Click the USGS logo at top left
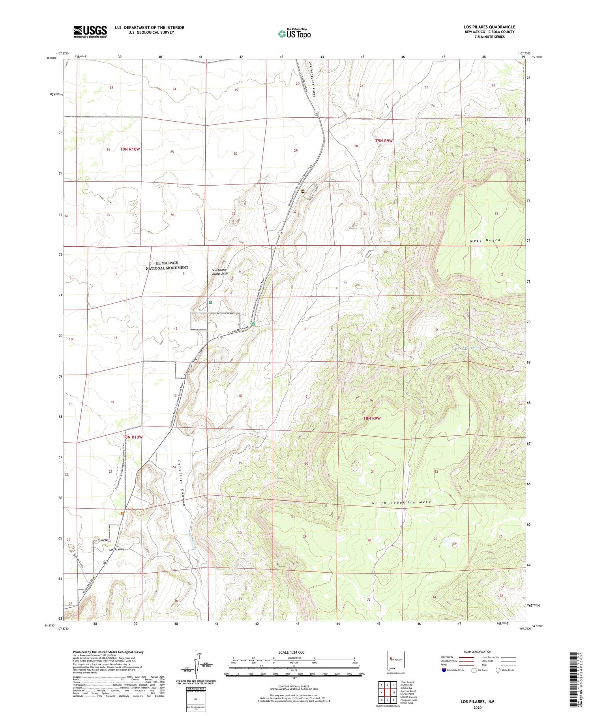[x=90, y=32]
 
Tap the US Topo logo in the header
[x=294, y=34]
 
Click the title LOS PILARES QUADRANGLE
[x=489, y=27]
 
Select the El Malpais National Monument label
[x=167, y=265]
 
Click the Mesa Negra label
[x=485, y=240]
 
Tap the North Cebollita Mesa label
[x=401, y=502]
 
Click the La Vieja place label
[x=101, y=539]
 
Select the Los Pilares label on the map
[x=117, y=549]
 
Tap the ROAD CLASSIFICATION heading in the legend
[x=478, y=652]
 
